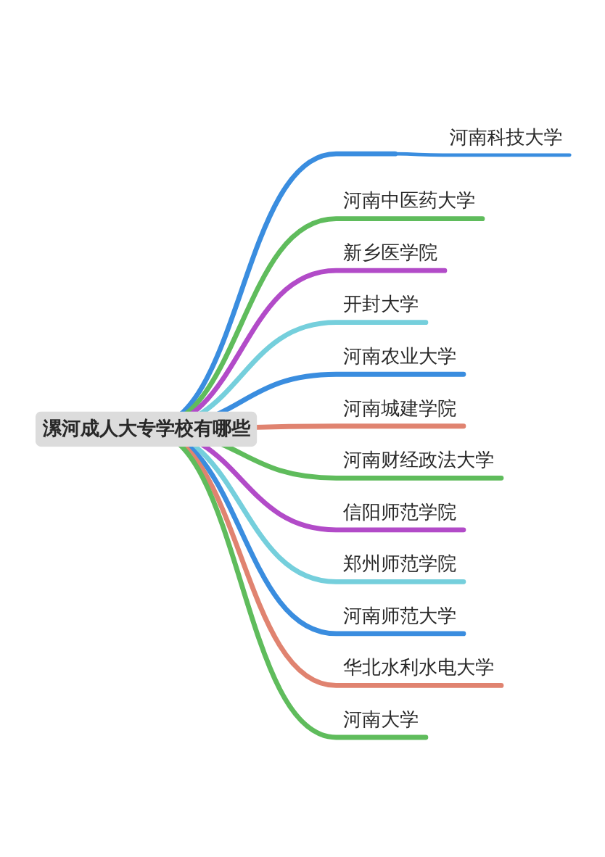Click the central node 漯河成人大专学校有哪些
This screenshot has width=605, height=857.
point(146,428)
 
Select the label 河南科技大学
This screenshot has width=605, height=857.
point(506,137)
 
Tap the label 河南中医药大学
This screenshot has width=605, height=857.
point(408,200)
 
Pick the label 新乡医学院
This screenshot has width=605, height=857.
point(390,252)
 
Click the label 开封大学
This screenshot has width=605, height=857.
point(380,304)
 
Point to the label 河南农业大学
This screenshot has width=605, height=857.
point(399,356)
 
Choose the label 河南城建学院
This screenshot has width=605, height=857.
point(399,408)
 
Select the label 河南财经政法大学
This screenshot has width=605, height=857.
point(418,460)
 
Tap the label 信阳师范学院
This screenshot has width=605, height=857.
point(399,512)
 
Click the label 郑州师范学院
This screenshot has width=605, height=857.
point(399,563)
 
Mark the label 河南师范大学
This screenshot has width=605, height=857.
point(399,616)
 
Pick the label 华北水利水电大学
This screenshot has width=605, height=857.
point(418,667)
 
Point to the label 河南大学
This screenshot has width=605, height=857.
point(380,719)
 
